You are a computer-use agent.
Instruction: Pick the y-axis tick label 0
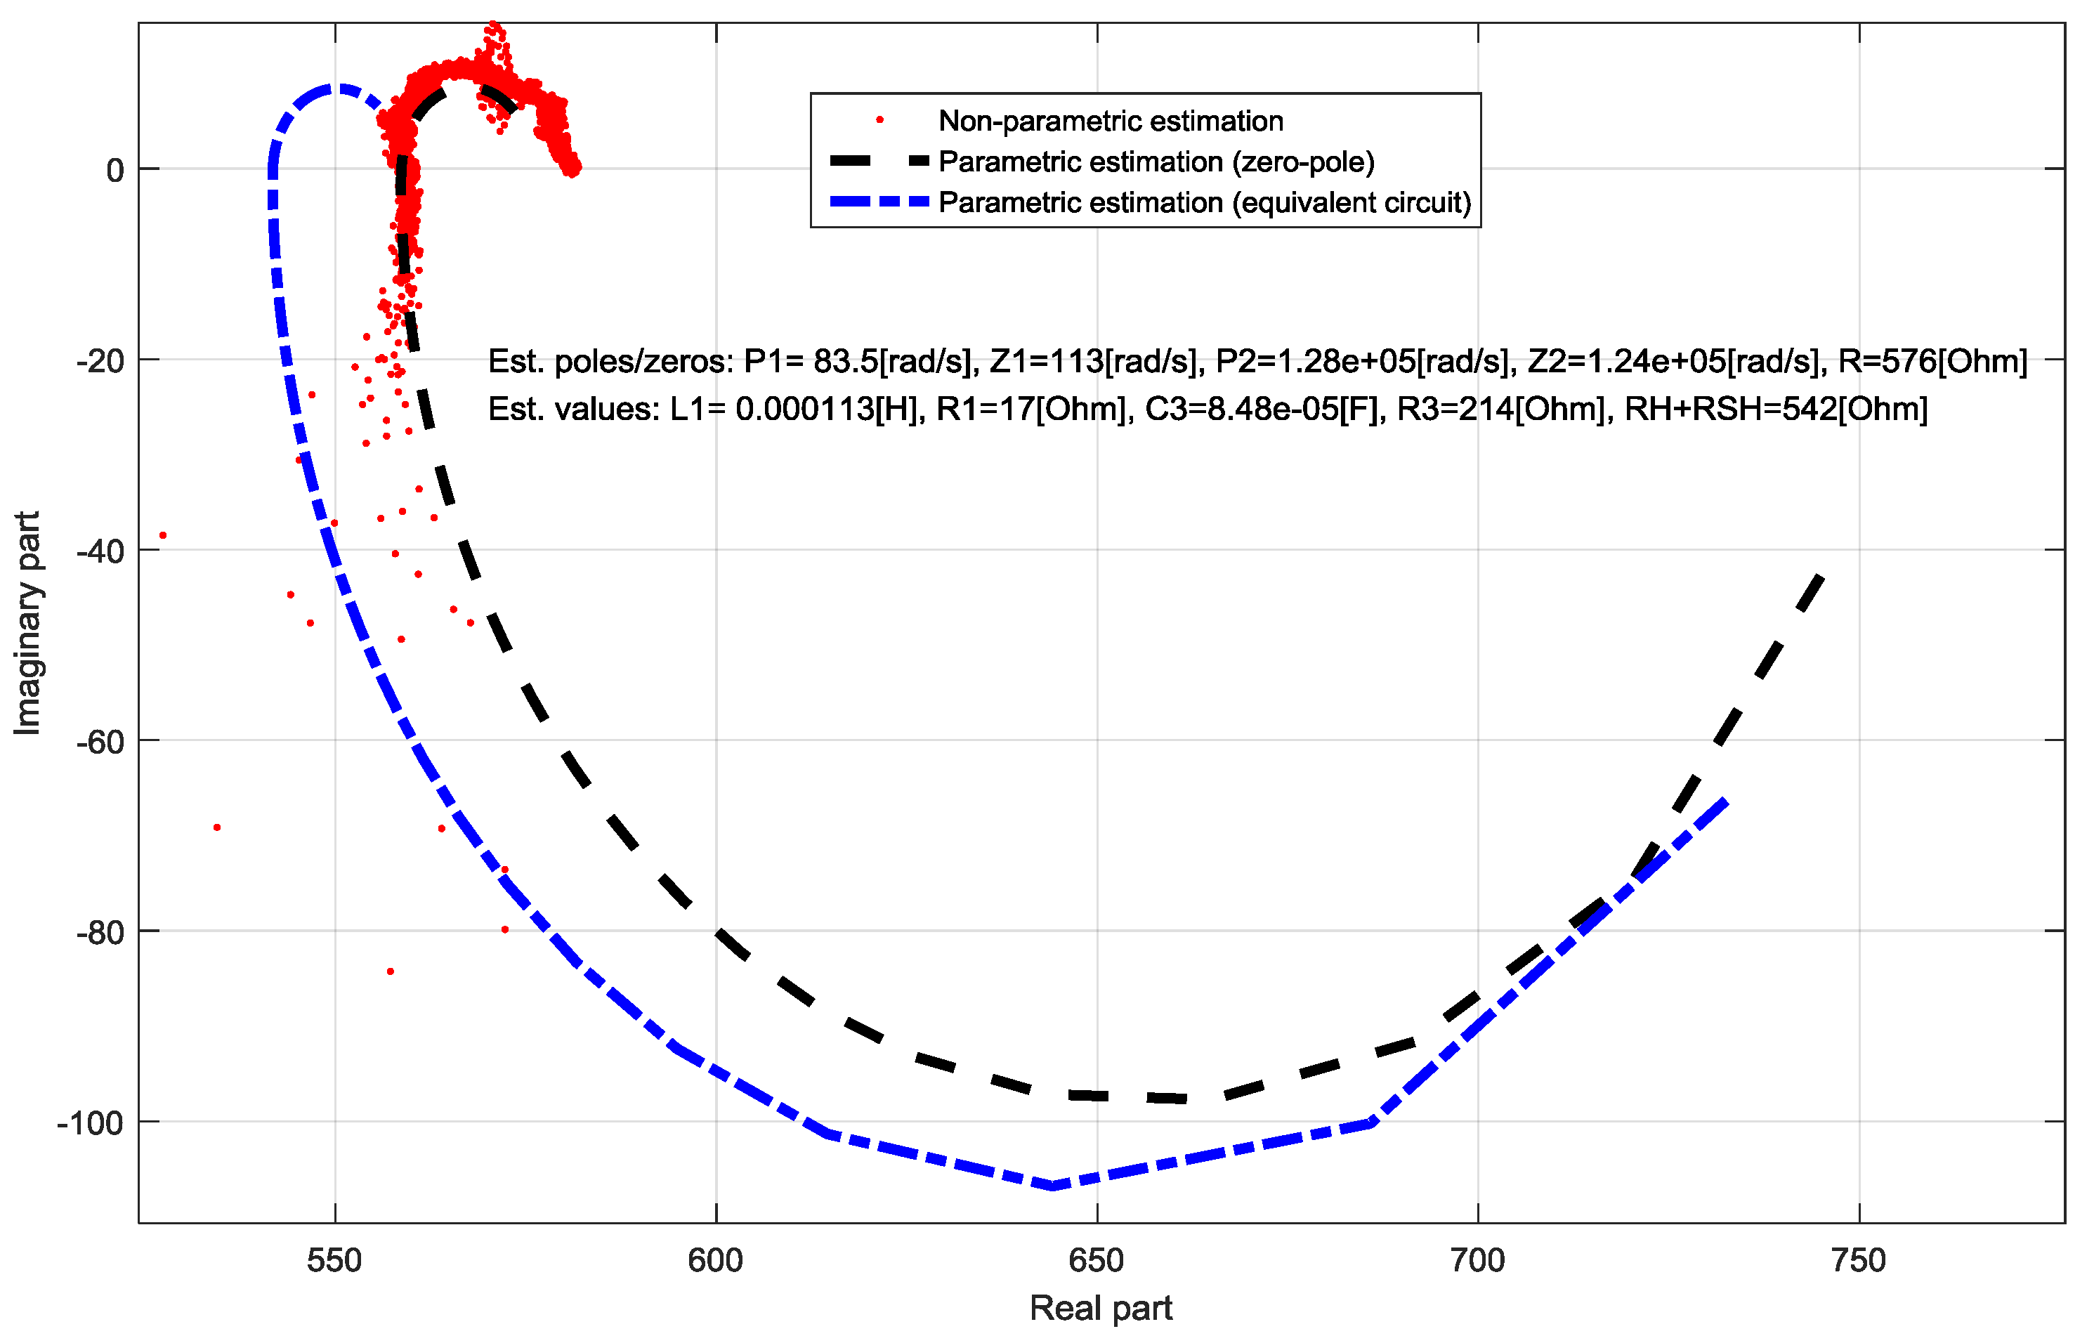(x=114, y=171)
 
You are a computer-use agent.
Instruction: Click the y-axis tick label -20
(x=99, y=360)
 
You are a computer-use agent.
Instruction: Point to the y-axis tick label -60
(x=99, y=742)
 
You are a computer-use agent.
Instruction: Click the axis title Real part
(x=1101, y=1308)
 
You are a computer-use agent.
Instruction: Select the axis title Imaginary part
(x=28, y=623)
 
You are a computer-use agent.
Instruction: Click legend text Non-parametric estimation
(x=1111, y=121)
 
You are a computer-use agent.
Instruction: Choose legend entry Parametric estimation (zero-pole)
(x=1156, y=162)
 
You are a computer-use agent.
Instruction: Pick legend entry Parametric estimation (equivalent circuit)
(x=1205, y=203)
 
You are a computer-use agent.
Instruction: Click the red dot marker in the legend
(x=880, y=120)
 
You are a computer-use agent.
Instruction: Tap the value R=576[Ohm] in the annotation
(x=1932, y=361)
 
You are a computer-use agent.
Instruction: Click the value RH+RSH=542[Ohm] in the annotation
(x=1776, y=409)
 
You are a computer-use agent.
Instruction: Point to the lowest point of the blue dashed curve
(x=1053, y=1186)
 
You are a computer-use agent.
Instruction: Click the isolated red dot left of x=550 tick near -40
(x=162, y=536)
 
